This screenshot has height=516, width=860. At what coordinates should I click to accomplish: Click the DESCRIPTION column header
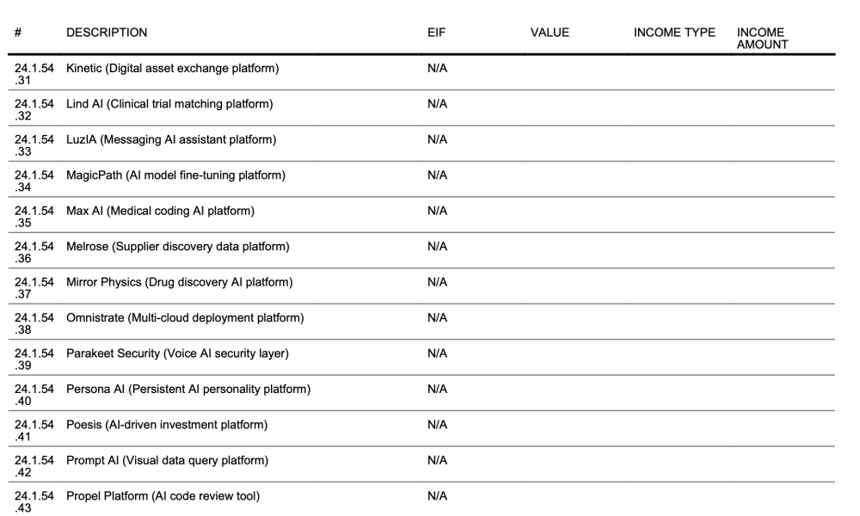pos(107,33)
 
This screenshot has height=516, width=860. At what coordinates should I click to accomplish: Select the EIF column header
pos(437,33)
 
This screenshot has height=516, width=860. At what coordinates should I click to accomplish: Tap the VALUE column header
pos(550,33)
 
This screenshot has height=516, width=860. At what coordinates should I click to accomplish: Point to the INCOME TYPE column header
pos(674,33)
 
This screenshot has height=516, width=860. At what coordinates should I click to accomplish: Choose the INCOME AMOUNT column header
pos(762,39)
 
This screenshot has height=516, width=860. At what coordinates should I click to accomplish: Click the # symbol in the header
pos(18,33)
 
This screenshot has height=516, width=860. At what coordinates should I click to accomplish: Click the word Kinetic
pos(83,69)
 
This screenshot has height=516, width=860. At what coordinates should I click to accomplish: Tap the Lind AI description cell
pos(169,104)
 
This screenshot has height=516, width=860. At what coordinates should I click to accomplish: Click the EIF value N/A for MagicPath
pos(437,175)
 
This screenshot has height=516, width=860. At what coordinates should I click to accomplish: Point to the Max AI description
pos(160,211)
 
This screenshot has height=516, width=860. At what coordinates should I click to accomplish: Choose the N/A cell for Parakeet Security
pos(437,353)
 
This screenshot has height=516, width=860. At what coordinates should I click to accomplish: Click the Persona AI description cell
pos(188,389)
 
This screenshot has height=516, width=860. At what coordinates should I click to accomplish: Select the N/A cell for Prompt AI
pos(437,460)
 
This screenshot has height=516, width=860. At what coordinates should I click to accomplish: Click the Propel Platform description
pos(163,495)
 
